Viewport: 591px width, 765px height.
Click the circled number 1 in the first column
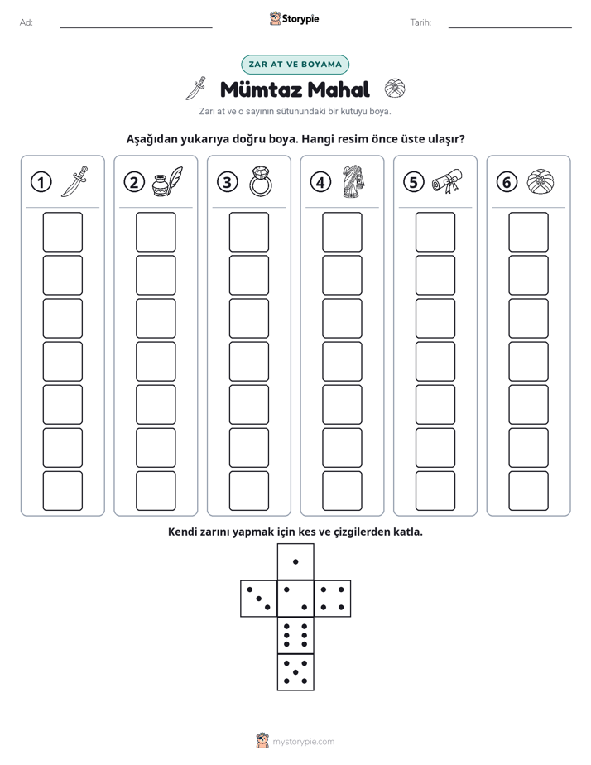[41, 182]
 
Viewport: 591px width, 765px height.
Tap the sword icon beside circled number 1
[74, 181]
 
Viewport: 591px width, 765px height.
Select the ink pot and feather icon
[167, 181]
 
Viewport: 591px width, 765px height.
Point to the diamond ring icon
[261, 181]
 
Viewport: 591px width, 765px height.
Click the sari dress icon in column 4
[353, 181]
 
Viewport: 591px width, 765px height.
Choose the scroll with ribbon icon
[447, 181]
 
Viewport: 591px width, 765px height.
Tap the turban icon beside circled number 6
[541, 181]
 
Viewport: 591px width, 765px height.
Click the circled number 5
[414, 182]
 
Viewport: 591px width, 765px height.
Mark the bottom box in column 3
[248, 491]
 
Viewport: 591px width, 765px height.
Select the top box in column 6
[528, 232]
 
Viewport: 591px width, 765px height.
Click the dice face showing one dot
[295, 562]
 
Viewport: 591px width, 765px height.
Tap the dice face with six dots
[295, 635]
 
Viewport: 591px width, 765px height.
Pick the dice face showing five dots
[295, 671]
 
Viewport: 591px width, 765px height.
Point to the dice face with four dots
[333, 599]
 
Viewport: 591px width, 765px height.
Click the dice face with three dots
[259, 599]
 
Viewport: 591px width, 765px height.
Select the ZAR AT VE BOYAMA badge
[295, 65]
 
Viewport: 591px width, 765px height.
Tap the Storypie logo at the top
[294, 18]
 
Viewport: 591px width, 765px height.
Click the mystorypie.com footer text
[303, 742]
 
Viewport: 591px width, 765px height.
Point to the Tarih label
[420, 22]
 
